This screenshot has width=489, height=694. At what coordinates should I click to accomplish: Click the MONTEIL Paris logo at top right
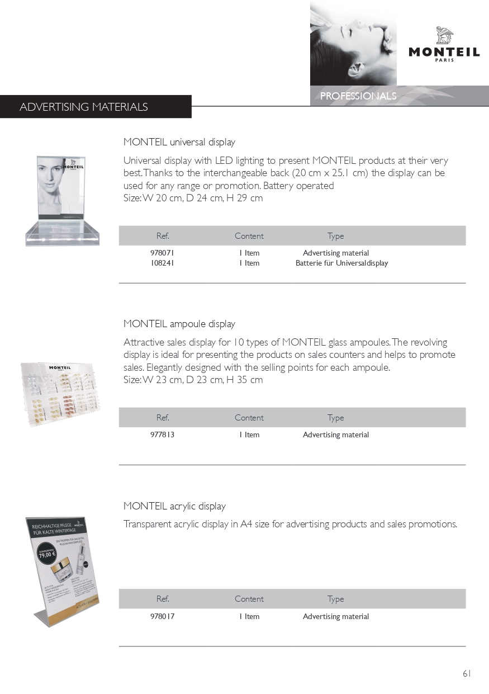(x=444, y=44)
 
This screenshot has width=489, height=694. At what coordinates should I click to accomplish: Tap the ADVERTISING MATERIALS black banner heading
(x=84, y=107)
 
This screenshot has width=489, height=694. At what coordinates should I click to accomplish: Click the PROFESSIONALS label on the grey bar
(x=358, y=96)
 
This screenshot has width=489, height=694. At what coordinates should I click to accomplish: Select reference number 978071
(x=162, y=253)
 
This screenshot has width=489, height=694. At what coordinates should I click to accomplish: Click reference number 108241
(x=162, y=263)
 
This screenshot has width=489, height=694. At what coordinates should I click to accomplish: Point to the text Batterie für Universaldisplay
(x=341, y=263)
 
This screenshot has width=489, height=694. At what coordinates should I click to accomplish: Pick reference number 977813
(x=162, y=435)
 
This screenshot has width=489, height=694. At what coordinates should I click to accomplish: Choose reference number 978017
(x=162, y=616)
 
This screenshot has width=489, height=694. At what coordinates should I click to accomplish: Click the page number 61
(x=467, y=673)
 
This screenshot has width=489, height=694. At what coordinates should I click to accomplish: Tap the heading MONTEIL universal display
(x=179, y=142)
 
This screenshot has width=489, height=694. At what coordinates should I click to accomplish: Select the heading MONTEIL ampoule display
(x=179, y=324)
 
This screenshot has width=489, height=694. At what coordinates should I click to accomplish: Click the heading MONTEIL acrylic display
(x=174, y=506)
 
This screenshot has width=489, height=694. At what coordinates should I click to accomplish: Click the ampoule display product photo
(x=60, y=394)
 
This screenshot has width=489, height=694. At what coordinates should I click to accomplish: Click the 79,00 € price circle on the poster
(x=46, y=555)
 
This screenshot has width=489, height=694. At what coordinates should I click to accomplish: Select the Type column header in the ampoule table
(x=335, y=418)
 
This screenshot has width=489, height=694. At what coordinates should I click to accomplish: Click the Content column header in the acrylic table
(x=249, y=599)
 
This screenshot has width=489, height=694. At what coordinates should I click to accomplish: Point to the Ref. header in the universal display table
(x=163, y=236)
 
